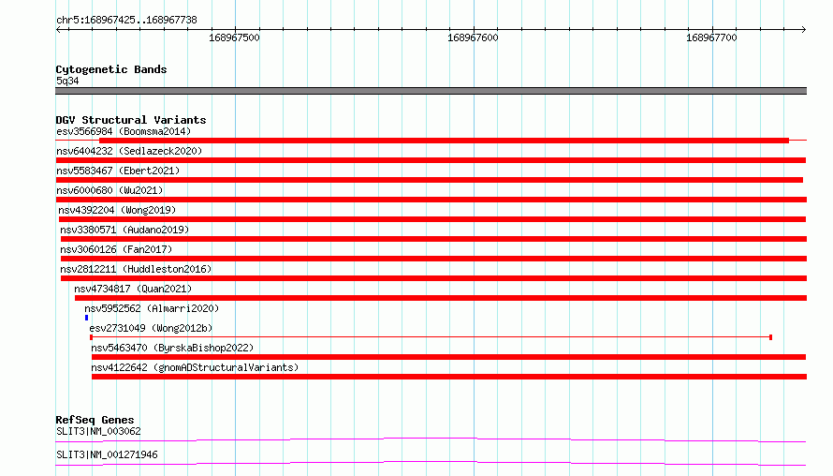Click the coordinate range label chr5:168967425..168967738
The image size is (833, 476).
pos(126,21)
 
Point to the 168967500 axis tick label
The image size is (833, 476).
pos(234,37)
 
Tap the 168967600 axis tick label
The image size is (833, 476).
pos(473,37)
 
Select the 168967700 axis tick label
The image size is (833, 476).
pos(711,37)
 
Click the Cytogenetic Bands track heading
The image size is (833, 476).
pos(111,69)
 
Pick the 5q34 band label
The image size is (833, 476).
pos(67,81)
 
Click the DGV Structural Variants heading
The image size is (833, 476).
pos(131,120)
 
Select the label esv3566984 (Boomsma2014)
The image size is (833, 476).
pos(124,131)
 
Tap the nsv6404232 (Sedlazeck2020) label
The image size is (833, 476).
pos(129,151)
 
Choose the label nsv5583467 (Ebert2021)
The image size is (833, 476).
pos(118,171)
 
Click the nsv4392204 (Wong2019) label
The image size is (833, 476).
pos(117,210)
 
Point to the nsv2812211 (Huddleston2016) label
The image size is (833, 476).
pos(136,269)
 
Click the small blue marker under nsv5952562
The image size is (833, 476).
pos(87,318)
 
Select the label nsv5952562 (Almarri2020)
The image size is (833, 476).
pos(152,308)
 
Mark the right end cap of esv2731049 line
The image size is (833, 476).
pos(771,337)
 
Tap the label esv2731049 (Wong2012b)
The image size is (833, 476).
pos(151,328)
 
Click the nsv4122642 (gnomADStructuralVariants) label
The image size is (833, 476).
pos(195,367)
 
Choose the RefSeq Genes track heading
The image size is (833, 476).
pos(95,420)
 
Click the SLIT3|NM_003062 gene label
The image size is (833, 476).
pos(98,431)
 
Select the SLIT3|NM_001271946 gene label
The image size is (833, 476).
pos(107,454)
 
